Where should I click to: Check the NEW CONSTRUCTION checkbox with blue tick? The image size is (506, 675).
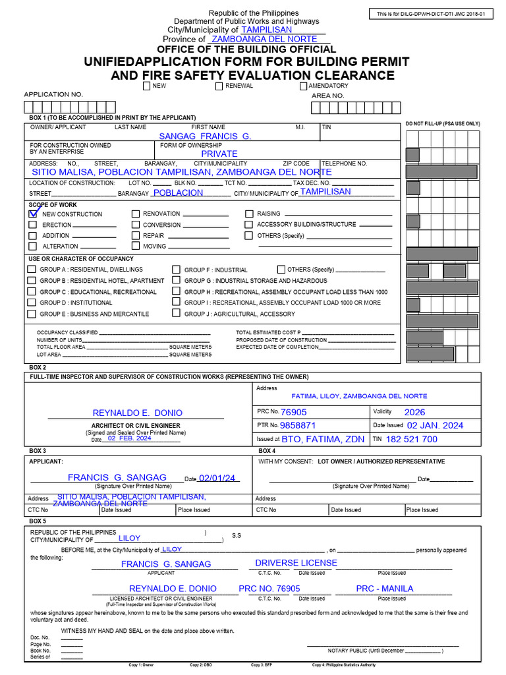point(33,214)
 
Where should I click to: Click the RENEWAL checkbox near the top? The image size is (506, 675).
point(219,86)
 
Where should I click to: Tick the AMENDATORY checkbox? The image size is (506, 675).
point(303,86)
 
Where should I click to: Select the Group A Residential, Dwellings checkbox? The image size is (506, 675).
point(32,270)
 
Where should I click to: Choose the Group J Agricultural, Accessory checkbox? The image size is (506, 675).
point(176,314)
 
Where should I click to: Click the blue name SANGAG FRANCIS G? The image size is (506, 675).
point(206,136)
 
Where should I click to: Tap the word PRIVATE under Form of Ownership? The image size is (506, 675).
point(219,154)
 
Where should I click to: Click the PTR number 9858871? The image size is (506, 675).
point(298,426)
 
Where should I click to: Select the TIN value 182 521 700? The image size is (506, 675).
point(411,439)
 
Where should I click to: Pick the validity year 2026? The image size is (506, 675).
point(415,412)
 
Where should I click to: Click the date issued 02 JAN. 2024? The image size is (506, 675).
point(435,426)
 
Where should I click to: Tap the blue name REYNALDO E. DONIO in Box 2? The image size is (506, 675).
point(138,413)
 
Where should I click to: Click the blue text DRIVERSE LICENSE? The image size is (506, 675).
point(296,563)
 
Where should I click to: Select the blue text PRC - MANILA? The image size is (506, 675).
point(385,588)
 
